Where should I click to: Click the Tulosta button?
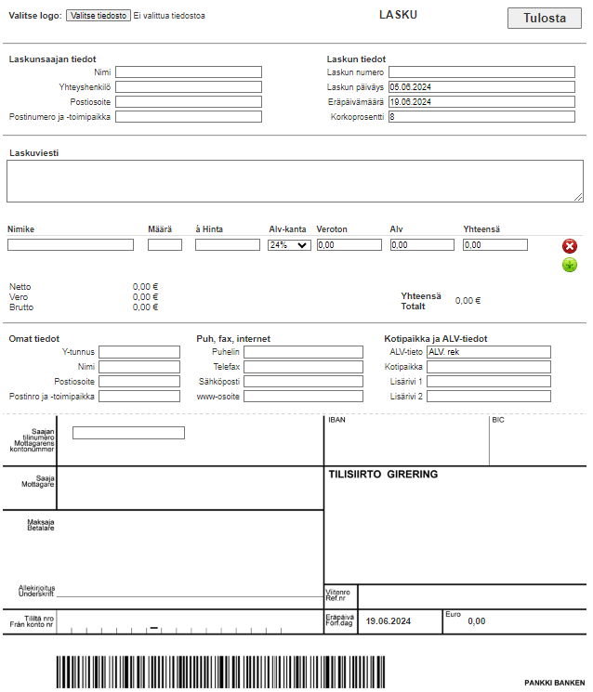click(544, 18)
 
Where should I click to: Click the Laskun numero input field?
click(481, 72)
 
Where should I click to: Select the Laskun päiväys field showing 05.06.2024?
click(481, 87)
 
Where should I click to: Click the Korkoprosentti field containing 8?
click(481, 117)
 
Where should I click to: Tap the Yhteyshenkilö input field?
click(189, 87)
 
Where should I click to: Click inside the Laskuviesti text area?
click(295, 181)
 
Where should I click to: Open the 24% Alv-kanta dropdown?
click(288, 245)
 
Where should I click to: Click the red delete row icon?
click(570, 246)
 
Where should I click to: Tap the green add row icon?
click(570, 266)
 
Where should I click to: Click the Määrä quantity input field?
click(165, 245)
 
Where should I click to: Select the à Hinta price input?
click(227, 245)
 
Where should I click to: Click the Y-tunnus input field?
click(139, 352)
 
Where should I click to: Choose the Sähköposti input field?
click(303, 382)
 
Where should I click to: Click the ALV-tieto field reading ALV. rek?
click(488, 352)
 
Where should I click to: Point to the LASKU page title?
click(399, 14)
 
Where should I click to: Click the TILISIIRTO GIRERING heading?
click(383, 474)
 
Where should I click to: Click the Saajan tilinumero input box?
click(128, 432)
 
